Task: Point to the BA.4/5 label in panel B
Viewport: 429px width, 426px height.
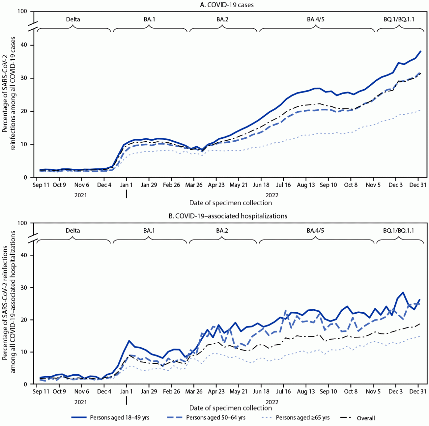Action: tap(315, 231)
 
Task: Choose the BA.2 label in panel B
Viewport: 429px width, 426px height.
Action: tap(222, 231)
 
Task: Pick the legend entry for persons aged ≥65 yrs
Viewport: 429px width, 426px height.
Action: tap(302, 417)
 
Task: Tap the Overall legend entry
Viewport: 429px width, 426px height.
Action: tap(366, 418)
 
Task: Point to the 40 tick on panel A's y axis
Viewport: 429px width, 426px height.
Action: tap(26, 45)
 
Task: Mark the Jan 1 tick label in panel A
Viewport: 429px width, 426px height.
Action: tap(126, 185)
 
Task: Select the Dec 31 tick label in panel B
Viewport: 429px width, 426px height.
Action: tap(417, 392)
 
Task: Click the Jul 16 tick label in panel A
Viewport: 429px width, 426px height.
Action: tap(283, 185)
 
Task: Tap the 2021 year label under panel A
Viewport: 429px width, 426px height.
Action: tap(80, 195)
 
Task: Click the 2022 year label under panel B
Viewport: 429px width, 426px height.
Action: tap(272, 402)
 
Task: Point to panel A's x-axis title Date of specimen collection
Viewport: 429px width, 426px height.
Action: tap(230, 203)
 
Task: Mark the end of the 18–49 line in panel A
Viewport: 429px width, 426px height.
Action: tap(420, 51)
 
